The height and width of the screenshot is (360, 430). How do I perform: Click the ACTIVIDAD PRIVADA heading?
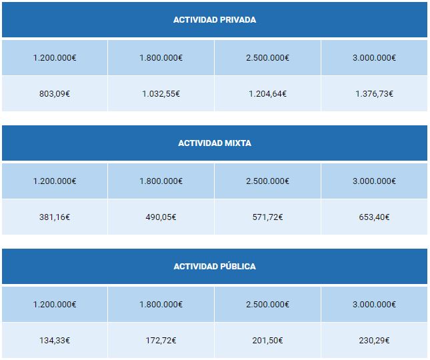point(214,20)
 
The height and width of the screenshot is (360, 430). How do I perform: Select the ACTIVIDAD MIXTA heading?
point(214,143)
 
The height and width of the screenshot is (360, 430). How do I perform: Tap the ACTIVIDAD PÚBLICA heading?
point(214,267)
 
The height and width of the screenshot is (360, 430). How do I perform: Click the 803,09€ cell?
point(55,94)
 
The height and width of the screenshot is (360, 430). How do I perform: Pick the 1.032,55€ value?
point(161,94)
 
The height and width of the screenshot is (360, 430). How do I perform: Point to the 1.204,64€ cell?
point(267,94)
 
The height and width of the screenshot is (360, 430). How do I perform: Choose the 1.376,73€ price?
point(374,94)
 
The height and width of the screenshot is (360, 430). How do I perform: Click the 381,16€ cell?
point(55,217)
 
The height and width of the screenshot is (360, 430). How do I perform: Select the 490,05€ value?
point(161,217)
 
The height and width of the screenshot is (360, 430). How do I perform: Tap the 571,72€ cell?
point(267,217)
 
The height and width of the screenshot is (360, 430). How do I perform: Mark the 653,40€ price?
point(374,217)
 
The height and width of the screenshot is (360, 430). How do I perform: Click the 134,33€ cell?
point(55,341)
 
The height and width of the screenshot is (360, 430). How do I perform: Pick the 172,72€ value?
point(161,341)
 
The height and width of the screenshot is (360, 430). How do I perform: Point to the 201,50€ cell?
point(267,341)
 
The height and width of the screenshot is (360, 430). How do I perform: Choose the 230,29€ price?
point(374,341)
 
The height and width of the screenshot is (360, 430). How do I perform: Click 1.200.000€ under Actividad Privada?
point(55,58)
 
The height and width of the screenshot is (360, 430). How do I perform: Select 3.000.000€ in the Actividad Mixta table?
point(374,181)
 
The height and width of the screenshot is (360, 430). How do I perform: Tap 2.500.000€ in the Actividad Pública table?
point(267,305)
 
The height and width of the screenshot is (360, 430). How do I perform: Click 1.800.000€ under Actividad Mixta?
point(161,181)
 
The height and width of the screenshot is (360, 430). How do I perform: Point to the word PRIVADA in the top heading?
point(237,20)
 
